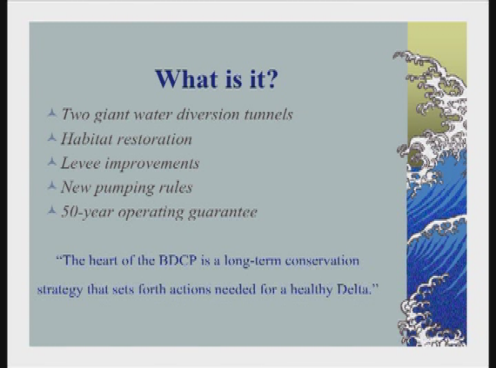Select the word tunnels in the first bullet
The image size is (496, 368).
point(268,114)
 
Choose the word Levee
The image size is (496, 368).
point(81,163)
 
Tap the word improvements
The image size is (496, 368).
point(152,164)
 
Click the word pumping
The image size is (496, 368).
point(124,189)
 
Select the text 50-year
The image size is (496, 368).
point(87,212)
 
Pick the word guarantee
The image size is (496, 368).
point(223,212)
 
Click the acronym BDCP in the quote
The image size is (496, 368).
point(178,261)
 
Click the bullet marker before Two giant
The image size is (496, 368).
point(52,113)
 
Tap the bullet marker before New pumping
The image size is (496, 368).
point(52,186)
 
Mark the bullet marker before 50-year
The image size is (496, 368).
point(52,210)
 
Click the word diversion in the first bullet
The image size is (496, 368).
point(208,114)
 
